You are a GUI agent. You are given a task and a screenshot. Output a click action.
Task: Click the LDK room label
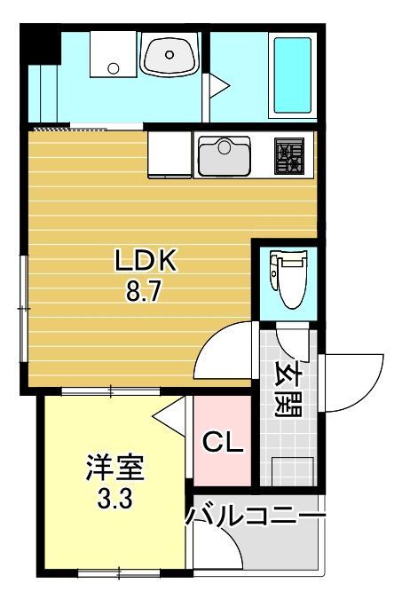[146, 263]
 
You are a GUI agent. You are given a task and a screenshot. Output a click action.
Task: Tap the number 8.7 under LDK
[144, 293]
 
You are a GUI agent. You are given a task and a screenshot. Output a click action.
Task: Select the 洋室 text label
[114, 468]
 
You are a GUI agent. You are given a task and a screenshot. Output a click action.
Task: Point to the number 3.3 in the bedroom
[114, 499]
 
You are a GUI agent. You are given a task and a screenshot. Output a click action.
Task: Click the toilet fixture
[288, 280]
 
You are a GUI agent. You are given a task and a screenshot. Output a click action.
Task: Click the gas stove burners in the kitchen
[289, 156]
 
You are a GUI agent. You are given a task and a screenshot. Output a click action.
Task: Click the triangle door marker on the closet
[169, 414]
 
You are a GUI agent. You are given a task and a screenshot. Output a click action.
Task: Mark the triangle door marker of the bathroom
[217, 84]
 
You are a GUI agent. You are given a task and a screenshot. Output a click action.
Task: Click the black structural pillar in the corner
[39, 45]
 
